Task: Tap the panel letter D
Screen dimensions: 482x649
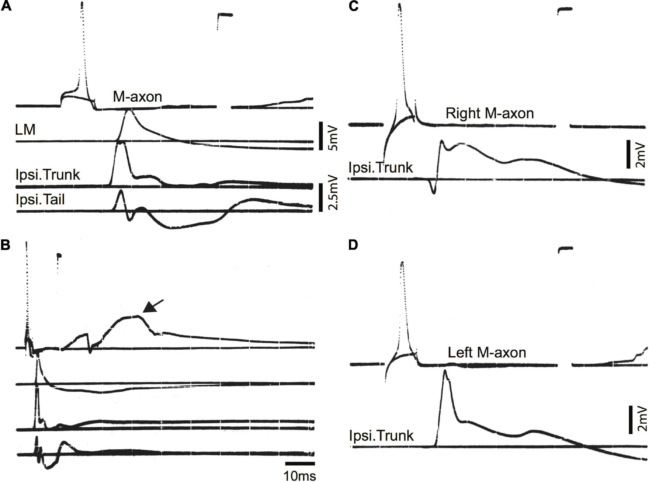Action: [353, 246]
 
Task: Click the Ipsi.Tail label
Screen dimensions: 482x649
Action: [40, 200]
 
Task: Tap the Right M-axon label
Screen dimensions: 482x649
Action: [490, 113]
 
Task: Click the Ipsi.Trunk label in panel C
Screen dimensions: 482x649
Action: [381, 168]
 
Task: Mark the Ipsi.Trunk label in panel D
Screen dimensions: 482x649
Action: [381, 436]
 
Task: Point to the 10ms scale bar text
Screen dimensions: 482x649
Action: [300, 476]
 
